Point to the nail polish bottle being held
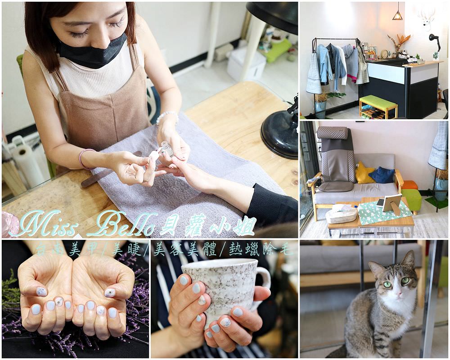[x=166, y=148]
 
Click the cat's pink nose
[x=399, y=294]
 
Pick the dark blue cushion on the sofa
[x=382, y=175]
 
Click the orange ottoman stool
[x=409, y=185]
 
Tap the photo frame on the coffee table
[x=392, y=204]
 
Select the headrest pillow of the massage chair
[x=333, y=133]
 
